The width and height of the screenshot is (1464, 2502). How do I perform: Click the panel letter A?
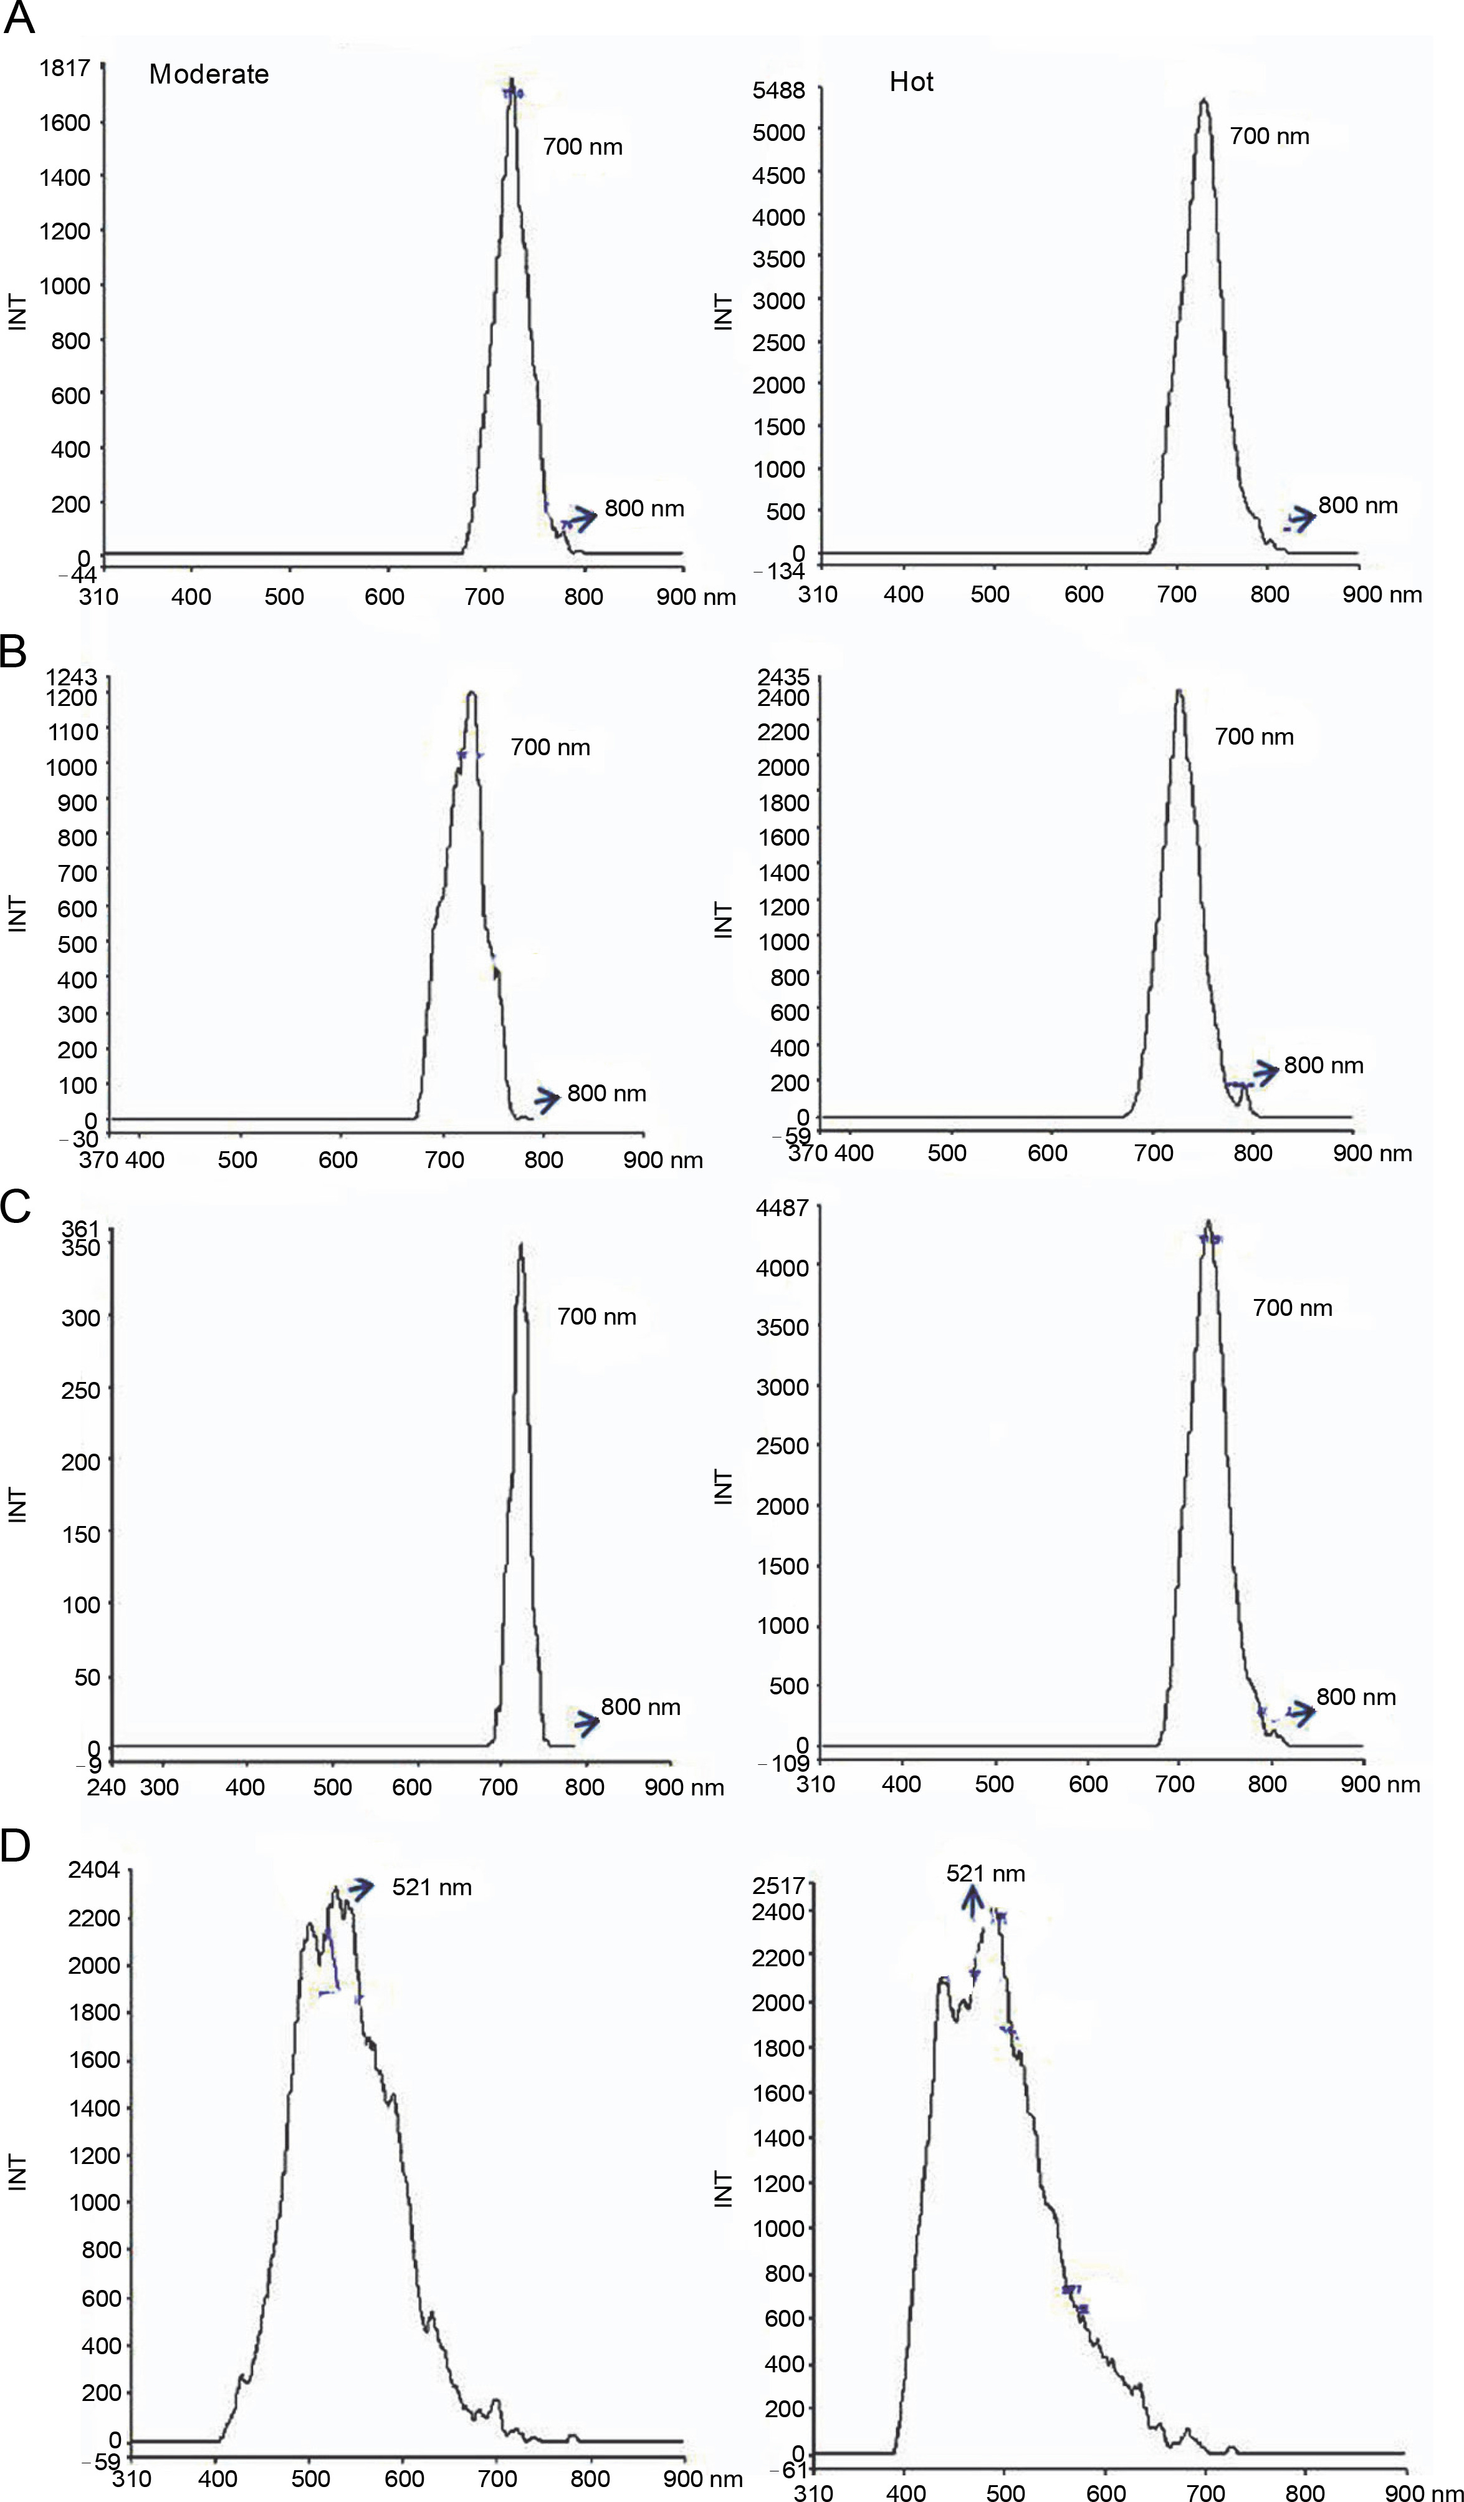click(x=20, y=20)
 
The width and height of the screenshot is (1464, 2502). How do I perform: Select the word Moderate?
click(x=208, y=74)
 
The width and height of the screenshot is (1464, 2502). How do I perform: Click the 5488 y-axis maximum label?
click(x=778, y=90)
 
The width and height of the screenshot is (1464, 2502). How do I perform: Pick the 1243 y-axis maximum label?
click(x=72, y=677)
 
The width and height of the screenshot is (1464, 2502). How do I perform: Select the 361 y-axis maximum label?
click(x=80, y=1229)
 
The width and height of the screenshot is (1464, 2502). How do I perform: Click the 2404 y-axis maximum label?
click(x=93, y=1870)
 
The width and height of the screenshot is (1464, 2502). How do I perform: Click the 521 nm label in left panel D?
click(x=432, y=1888)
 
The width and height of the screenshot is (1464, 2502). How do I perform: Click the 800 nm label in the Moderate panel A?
click(x=644, y=508)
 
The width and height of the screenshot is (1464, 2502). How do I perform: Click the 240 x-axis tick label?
click(x=106, y=1787)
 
